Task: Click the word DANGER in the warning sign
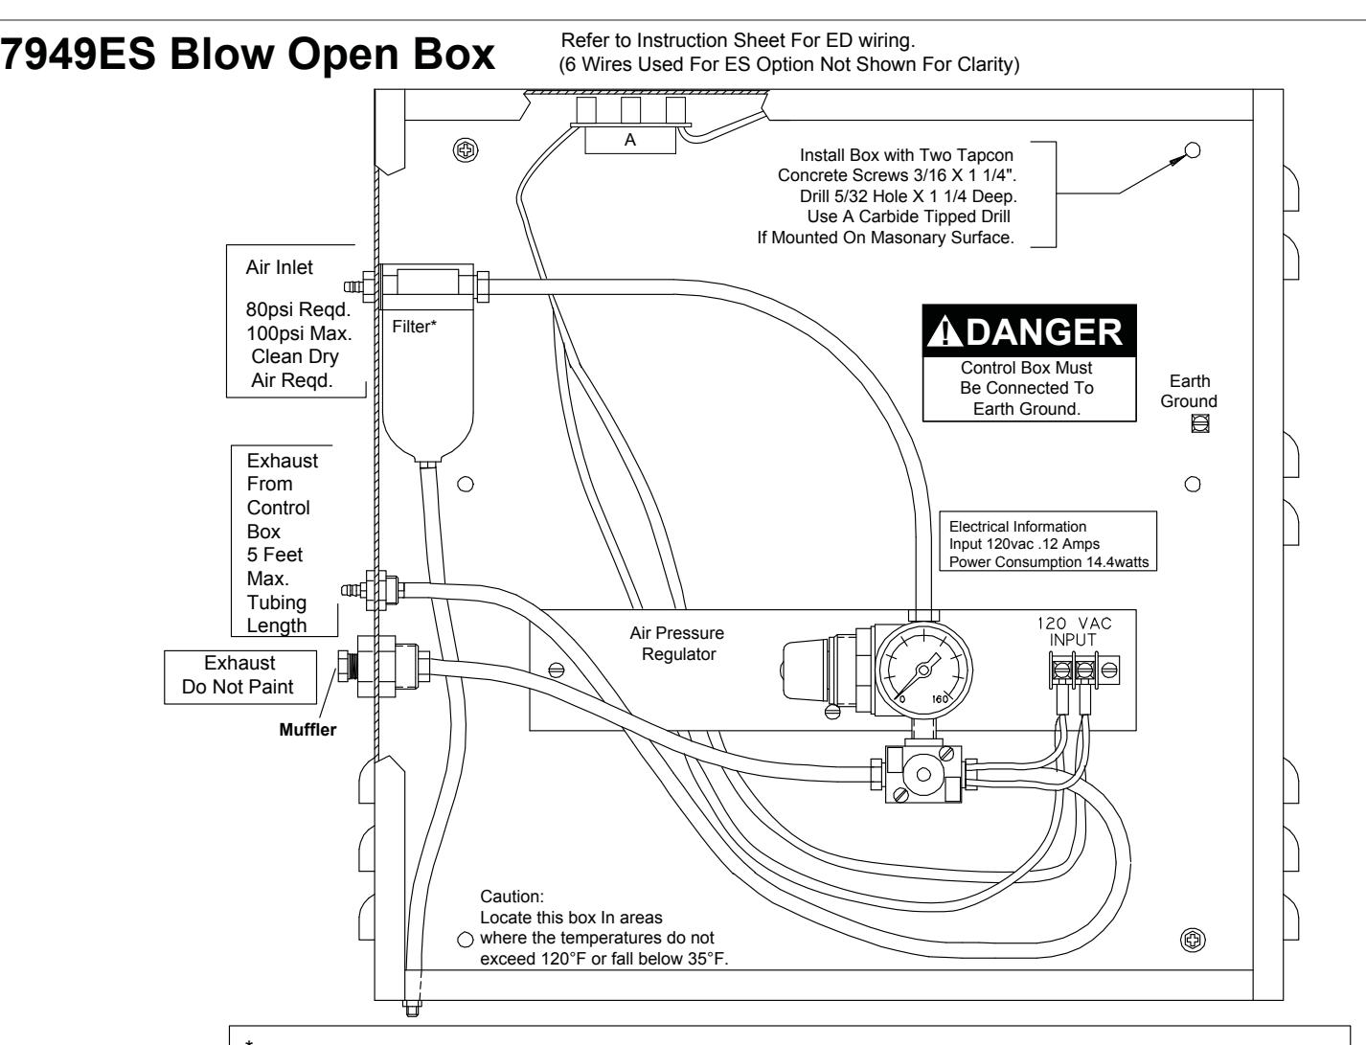click(x=1044, y=331)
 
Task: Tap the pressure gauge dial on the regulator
click(x=924, y=670)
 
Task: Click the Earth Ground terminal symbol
click(x=1200, y=423)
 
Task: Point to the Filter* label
click(x=414, y=327)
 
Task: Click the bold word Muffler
click(x=307, y=730)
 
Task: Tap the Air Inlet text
click(x=279, y=267)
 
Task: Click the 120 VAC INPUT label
click(x=1074, y=631)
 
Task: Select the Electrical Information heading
click(x=1017, y=526)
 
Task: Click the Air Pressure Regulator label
click(x=677, y=643)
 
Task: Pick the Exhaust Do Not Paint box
click(x=240, y=677)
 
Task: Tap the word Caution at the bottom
click(x=512, y=897)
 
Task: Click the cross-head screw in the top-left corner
click(x=466, y=150)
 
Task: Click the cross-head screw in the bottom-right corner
click(x=1193, y=940)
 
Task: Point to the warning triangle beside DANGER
click(x=945, y=330)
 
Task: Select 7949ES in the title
click(x=78, y=54)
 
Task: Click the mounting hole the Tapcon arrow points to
click(x=1193, y=150)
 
